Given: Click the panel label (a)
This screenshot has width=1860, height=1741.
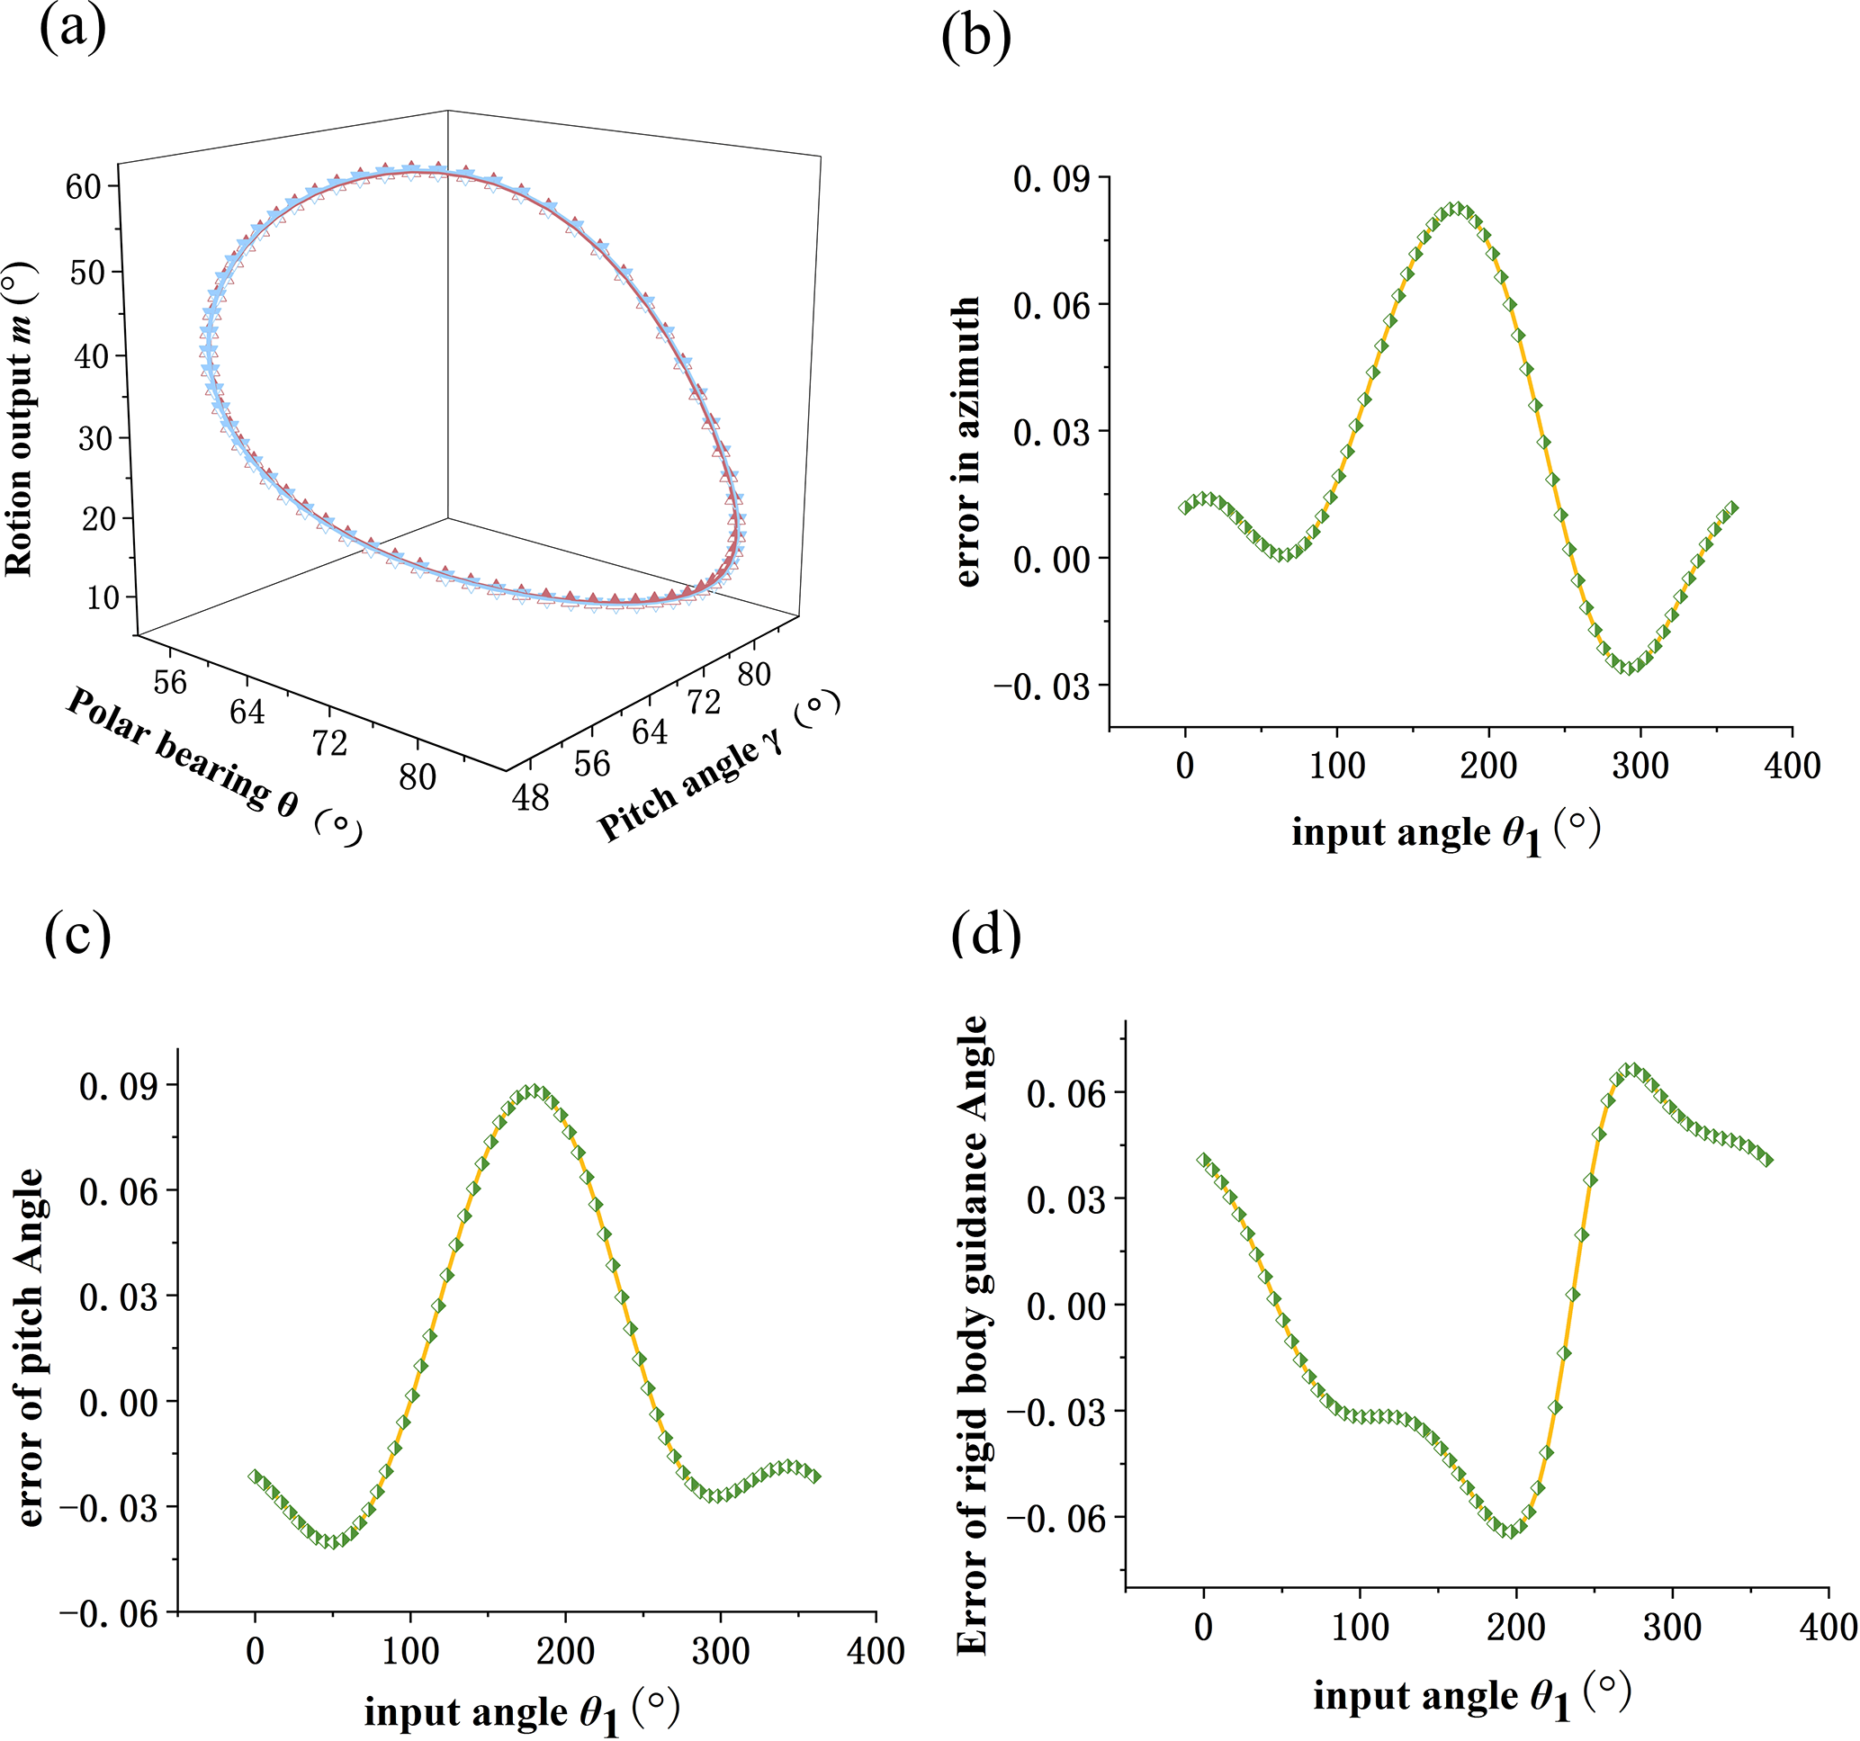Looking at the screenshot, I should coord(72,28).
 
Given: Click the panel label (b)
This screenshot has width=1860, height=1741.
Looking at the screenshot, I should coord(975,39).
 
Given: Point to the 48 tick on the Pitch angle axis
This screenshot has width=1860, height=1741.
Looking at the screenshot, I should coord(531,798).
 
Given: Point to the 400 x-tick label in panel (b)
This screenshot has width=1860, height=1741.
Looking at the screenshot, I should coord(1792,767).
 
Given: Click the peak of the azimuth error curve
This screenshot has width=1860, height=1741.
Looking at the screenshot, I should coord(1456,209).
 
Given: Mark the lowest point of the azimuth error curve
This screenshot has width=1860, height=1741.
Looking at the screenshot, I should coord(1630,668).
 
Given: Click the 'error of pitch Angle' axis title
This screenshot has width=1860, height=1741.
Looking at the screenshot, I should coord(31,1347).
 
